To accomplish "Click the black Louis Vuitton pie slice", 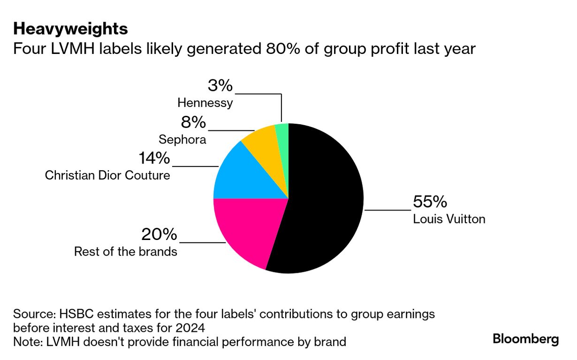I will [324, 202].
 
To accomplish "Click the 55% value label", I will [430, 202].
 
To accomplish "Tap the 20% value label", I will [159, 234].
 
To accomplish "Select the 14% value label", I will [154, 158].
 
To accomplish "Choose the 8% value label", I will [193, 122].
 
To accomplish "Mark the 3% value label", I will [220, 86].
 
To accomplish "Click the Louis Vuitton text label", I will [449, 219].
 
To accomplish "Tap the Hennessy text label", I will [205, 103].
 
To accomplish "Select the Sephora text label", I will [182, 140].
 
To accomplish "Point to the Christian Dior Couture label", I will [107, 175].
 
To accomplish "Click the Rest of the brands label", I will [126, 252].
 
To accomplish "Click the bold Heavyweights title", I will [70, 29].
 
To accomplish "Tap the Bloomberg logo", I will [526, 339].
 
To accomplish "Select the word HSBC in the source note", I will [71, 314].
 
